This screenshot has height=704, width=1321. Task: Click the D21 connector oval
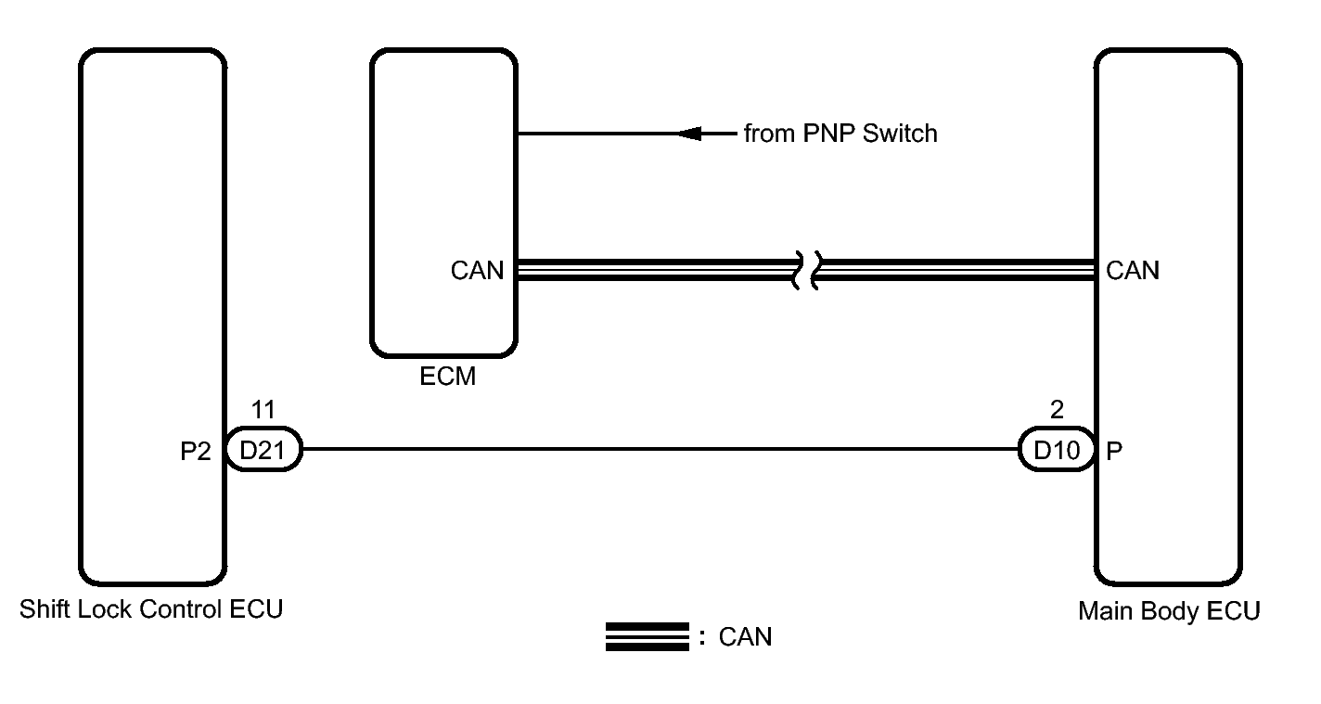[x=263, y=449]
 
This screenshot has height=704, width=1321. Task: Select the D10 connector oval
[x=1057, y=449]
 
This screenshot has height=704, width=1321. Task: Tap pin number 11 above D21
[x=263, y=409]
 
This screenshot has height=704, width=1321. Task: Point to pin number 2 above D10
[x=1057, y=409]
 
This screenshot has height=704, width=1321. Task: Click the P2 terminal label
[x=195, y=451]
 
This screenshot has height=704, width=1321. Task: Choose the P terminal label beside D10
[x=1114, y=451]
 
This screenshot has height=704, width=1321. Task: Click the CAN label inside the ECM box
[x=477, y=271]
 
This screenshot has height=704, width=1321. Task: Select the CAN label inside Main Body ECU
[x=1133, y=271]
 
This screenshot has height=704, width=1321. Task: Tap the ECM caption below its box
[x=448, y=377]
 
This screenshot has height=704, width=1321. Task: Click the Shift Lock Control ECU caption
[x=151, y=609]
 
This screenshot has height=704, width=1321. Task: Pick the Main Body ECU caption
[x=1169, y=611]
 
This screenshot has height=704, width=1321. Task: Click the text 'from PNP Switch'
[x=840, y=134]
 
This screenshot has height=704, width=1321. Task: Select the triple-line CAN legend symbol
[x=647, y=637]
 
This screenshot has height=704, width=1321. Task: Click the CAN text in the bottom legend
[x=746, y=637]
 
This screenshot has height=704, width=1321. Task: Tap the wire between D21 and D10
[x=660, y=449]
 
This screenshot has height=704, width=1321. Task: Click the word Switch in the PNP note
[x=900, y=134]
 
